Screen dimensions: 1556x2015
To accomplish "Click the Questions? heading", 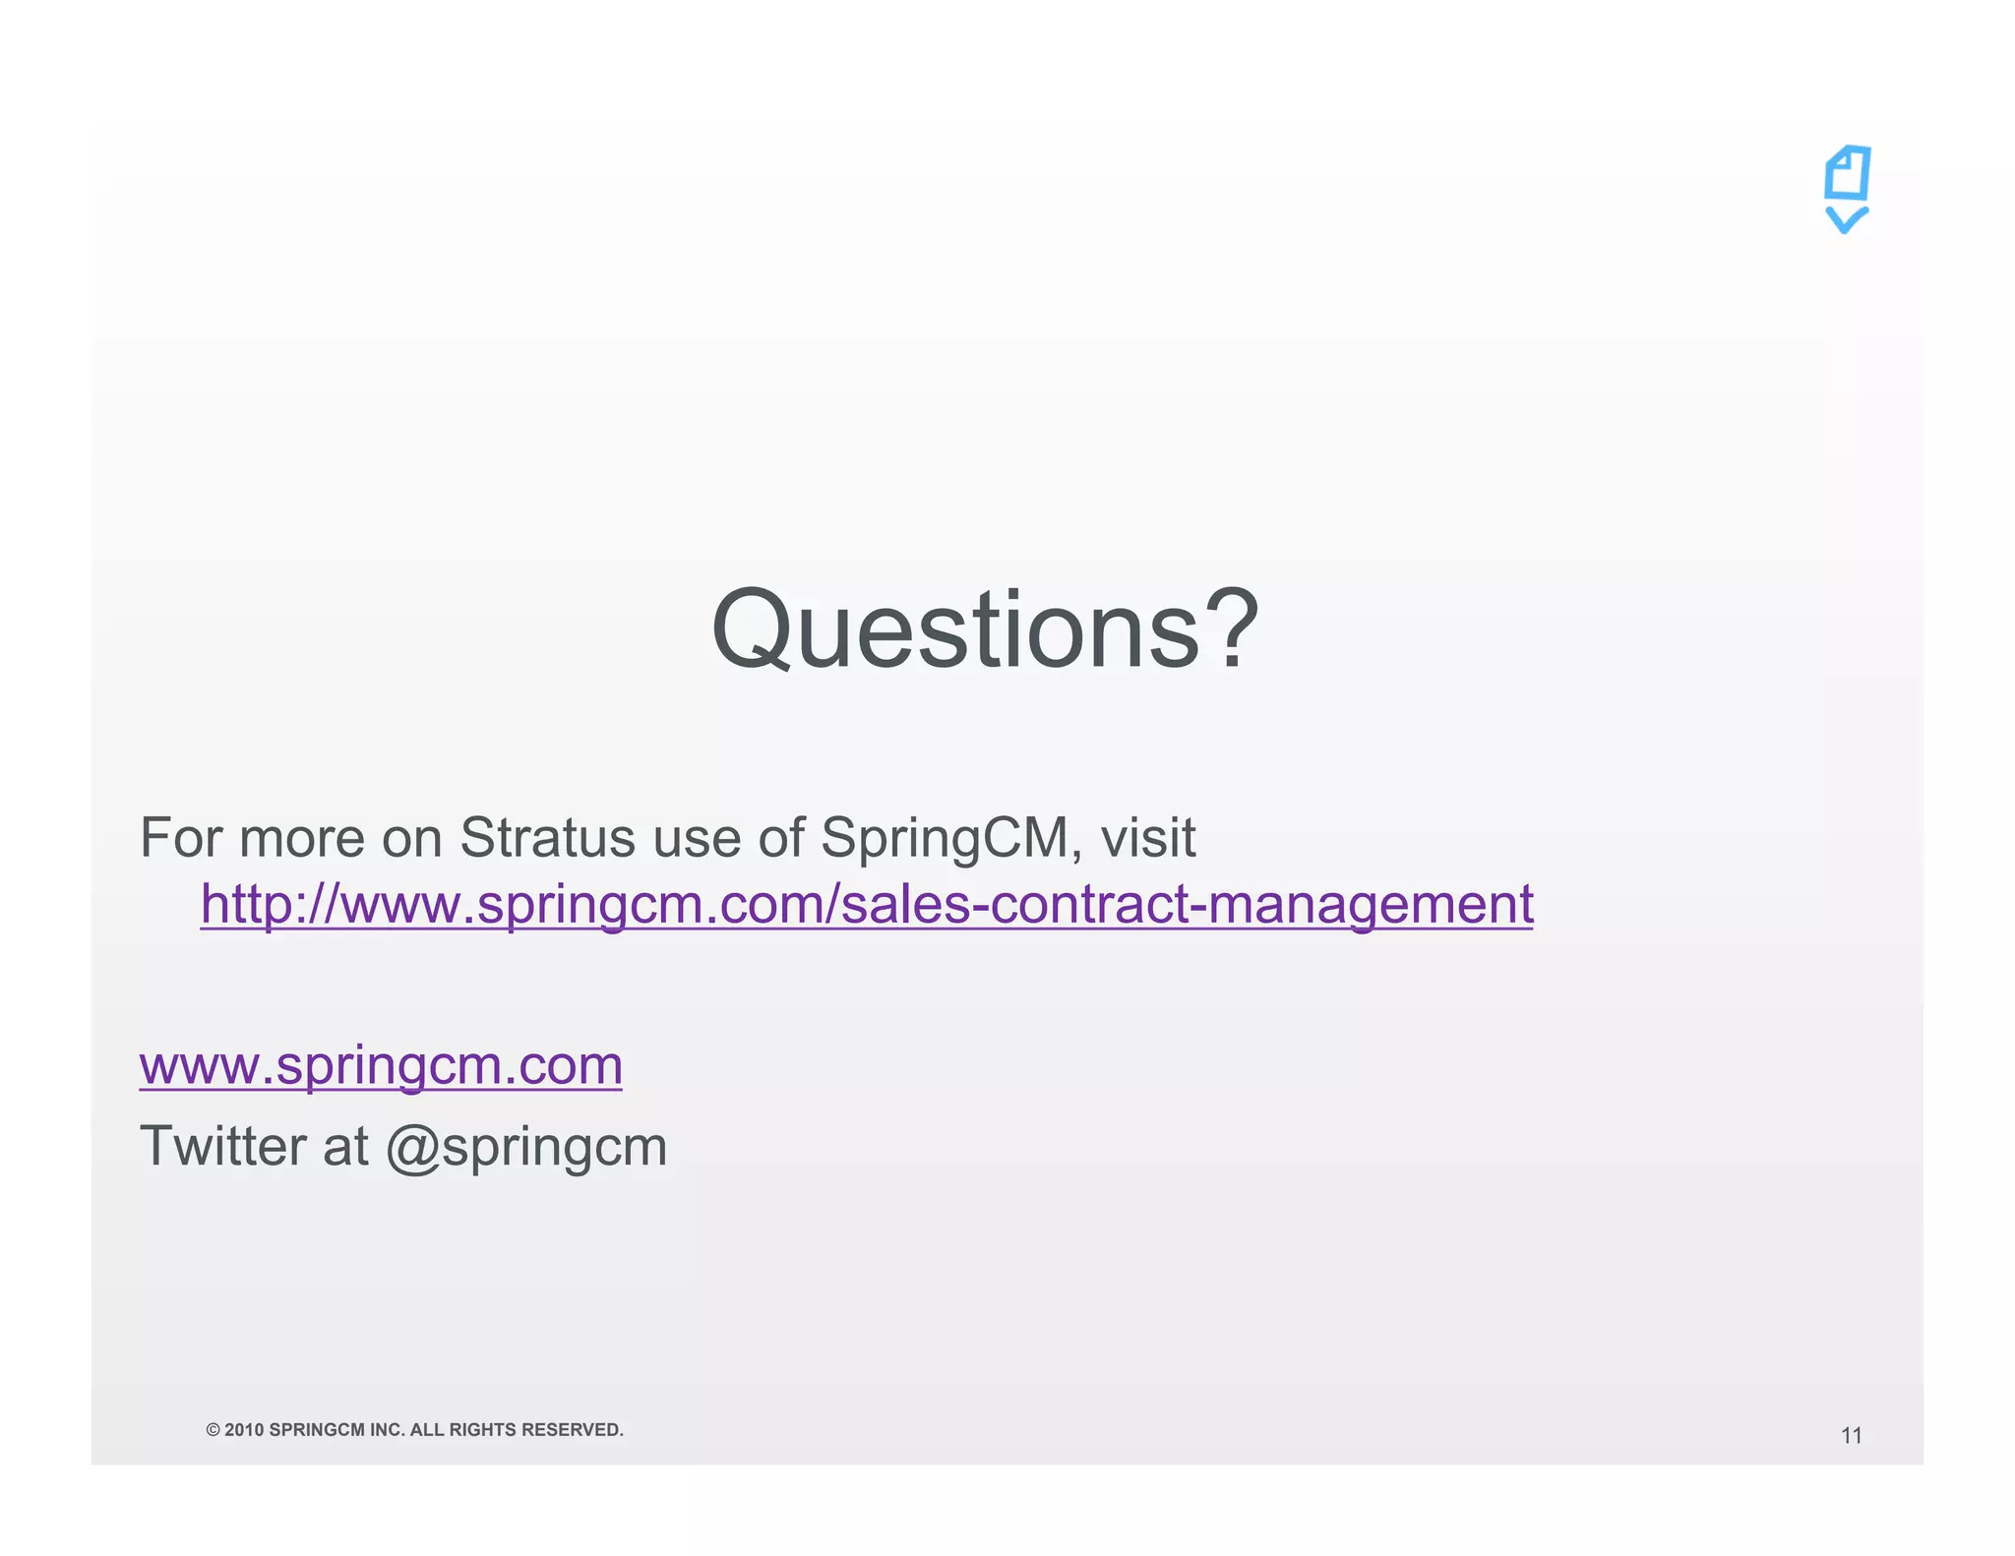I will pos(984,629).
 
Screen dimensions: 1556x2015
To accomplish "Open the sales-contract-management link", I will pos(866,904).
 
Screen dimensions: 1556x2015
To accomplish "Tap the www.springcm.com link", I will pos(381,1065).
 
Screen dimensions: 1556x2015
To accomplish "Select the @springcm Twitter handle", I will pos(526,1148).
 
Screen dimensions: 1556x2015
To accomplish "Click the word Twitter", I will pos(223,1146).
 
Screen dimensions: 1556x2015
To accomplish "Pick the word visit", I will pos(1147,838).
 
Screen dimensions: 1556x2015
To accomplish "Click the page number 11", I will pos(1851,1436).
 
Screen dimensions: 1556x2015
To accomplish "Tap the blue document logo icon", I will pos(1847,174).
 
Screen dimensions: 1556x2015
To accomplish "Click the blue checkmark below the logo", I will pos(1847,219).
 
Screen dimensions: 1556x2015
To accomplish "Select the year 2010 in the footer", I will pos(244,1430).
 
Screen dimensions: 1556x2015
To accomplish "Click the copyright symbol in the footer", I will pos(213,1430).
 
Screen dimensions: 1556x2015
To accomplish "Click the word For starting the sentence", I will pos(183,838).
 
